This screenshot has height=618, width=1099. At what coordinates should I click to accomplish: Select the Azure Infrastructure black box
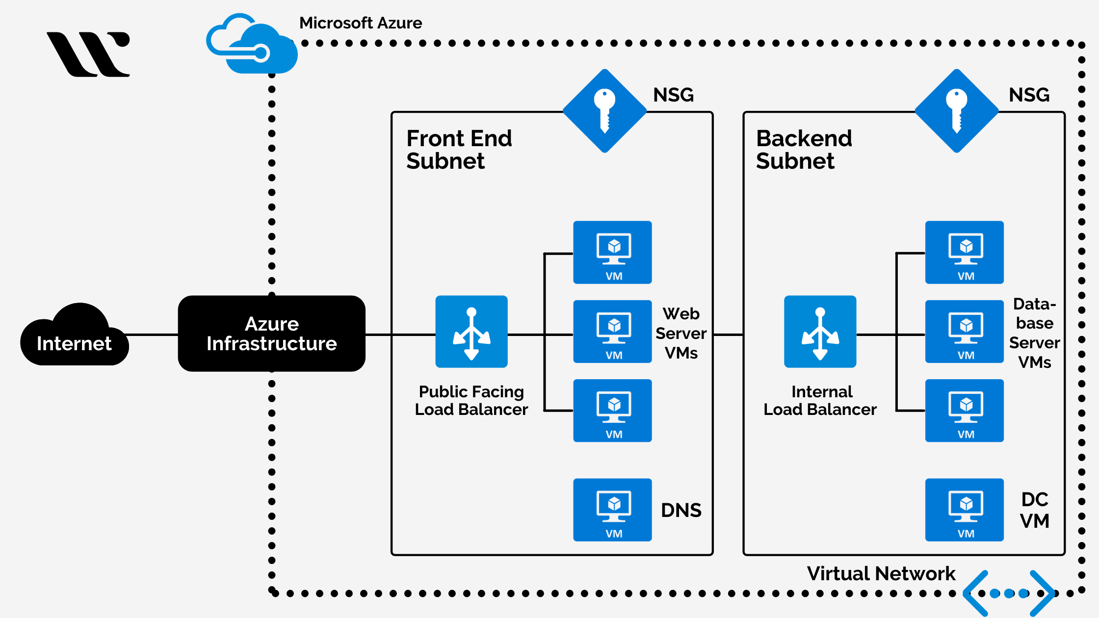pyautogui.click(x=271, y=334)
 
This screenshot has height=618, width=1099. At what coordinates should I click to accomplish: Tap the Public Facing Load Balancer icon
pyautogui.click(x=471, y=332)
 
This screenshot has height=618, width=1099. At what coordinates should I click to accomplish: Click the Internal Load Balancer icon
pyautogui.click(x=820, y=332)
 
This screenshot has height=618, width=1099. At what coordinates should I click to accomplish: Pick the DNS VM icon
pyautogui.click(x=612, y=510)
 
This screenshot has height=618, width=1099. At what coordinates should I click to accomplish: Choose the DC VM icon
pyautogui.click(x=964, y=510)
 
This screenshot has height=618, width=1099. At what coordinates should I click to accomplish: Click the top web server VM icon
pyautogui.click(x=612, y=252)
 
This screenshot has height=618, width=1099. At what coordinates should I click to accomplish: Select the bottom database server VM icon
pyautogui.click(x=964, y=411)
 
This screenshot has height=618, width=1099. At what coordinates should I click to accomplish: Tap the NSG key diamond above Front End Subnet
pyautogui.click(x=604, y=111)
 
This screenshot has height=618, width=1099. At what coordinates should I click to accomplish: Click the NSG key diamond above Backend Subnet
pyautogui.click(x=956, y=111)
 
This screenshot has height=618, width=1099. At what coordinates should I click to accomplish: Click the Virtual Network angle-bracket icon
pyautogui.click(x=1008, y=593)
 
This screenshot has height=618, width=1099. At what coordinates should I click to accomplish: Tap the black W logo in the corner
pyautogui.click(x=89, y=54)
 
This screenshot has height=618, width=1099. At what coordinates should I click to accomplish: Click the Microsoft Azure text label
pyautogui.click(x=361, y=23)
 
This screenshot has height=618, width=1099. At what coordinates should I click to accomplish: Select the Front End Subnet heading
pyautogui.click(x=459, y=150)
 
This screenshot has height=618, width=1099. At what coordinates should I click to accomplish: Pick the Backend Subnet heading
pyautogui.click(x=804, y=150)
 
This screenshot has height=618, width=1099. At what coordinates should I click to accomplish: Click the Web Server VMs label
pyautogui.click(x=681, y=333)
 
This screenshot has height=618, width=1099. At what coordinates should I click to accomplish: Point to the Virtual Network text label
pyautogui.click(x=881, y=573)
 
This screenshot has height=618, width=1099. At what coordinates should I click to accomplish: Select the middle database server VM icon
pyautogui.click(x=964, y=332)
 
